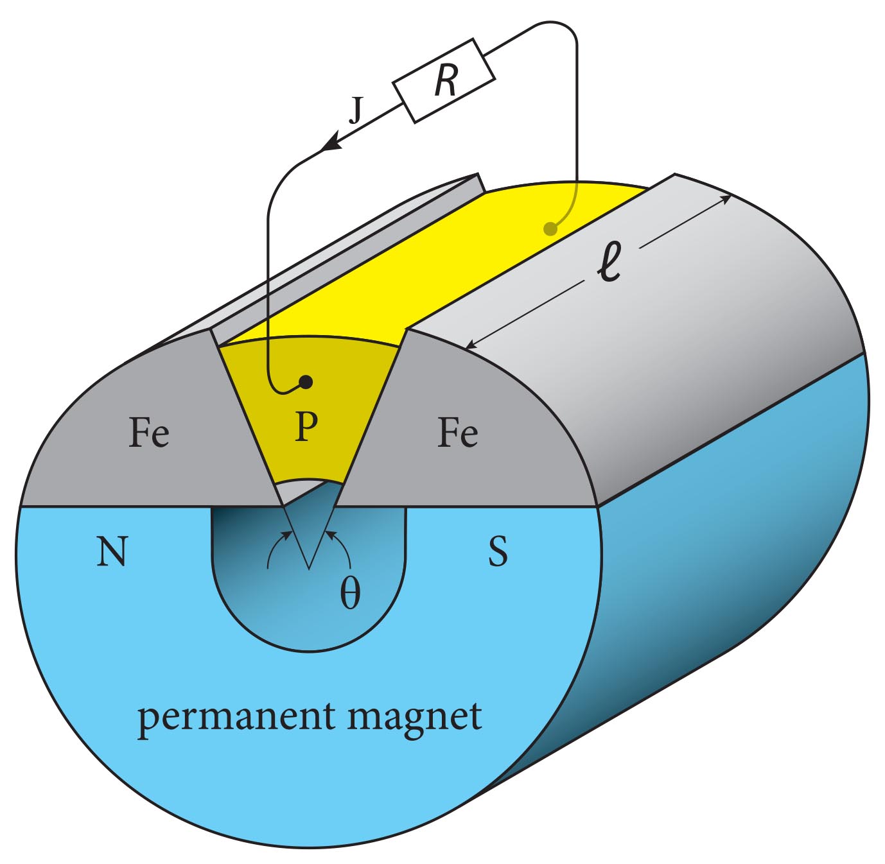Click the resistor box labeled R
click(x=444, y=81)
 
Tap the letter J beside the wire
click(x=356, y=110)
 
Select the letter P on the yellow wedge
click(x=306, y=427)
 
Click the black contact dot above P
click(x=306, y=382)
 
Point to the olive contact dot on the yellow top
click(x=550, y=228)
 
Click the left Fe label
click(x=149, y=433)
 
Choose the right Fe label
click(x=457, y=433)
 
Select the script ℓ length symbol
click(x=609, y=263)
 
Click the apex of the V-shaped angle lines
click(x=309, y=568)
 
